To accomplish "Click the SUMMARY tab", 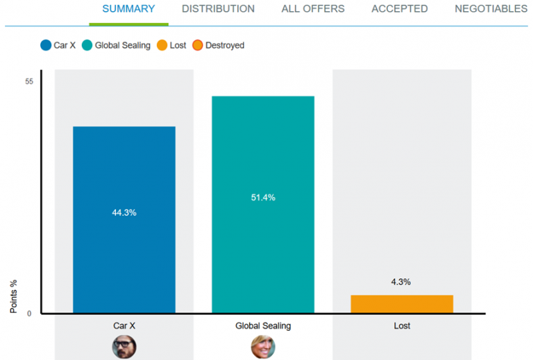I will point(128,9).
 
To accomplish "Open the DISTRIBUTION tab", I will point(218,9).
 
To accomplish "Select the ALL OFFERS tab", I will point(313,9).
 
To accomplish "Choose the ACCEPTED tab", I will point(400,9).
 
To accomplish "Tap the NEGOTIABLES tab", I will point(491,9).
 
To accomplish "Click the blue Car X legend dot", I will point(46,46).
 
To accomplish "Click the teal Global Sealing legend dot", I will point(87,46).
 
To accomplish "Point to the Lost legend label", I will point(178,46).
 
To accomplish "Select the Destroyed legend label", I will point(225,46).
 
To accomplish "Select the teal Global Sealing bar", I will point(263,264).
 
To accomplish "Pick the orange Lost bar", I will point(402,304).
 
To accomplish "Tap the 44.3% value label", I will point(124,212).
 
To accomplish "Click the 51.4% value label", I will point(263,198).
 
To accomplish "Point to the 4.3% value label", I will point(402,282).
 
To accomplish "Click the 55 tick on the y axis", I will point(29,82).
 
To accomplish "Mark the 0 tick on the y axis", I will point(29,314).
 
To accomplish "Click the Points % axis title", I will point(14,296).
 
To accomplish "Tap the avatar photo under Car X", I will point(124,346).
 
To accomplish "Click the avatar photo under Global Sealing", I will point(263,346).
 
